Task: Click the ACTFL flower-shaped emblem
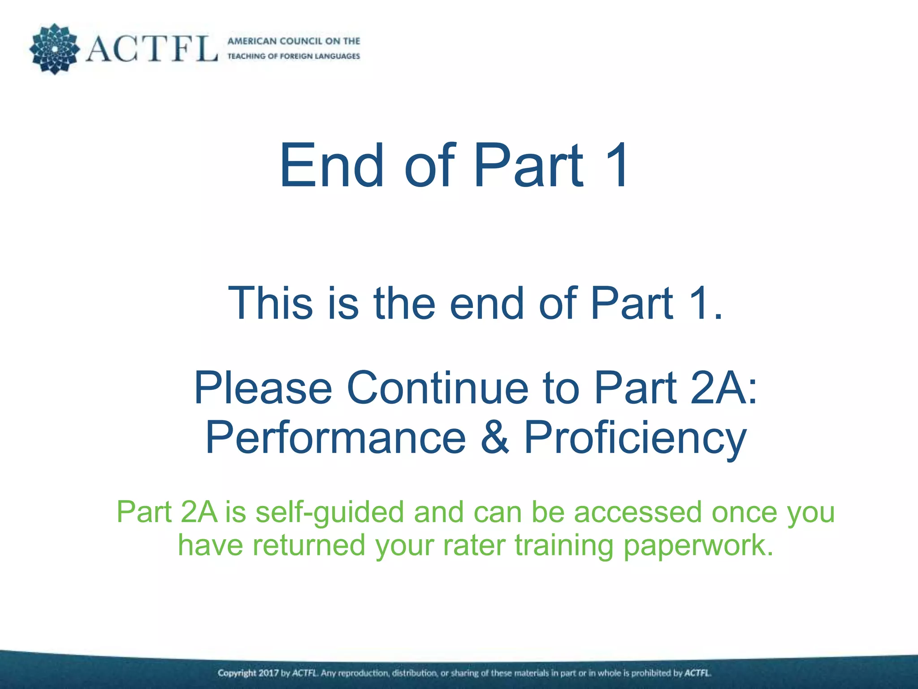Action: click(54, 49)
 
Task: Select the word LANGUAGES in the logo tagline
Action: click(338, 57)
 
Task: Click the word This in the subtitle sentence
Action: click(270, 304)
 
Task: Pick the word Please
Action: click(263, 388)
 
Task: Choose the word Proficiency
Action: click(635, 438)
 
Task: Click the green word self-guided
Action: click(329, 512)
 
